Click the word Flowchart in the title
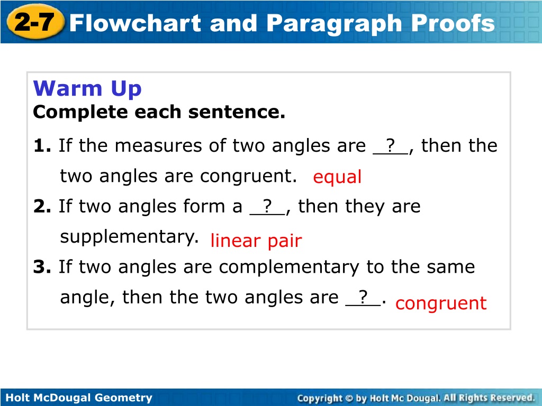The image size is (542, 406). (135, 23)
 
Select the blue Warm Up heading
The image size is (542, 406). (87, 89)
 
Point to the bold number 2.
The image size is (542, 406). (42, 206)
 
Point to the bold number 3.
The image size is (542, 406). (42, 267)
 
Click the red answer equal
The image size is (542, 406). (337, 177)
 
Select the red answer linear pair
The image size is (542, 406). (256, 241)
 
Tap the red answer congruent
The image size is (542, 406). (441, 303)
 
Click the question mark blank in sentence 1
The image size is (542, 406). (391, 146)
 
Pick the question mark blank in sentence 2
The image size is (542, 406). (267, 207)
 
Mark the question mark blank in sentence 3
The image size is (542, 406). (363, 297)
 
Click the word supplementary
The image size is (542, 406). (129, 237)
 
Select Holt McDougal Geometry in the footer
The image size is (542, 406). (79, 398)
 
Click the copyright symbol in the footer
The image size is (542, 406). (349, 399)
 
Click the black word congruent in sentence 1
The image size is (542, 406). (248, 177)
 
